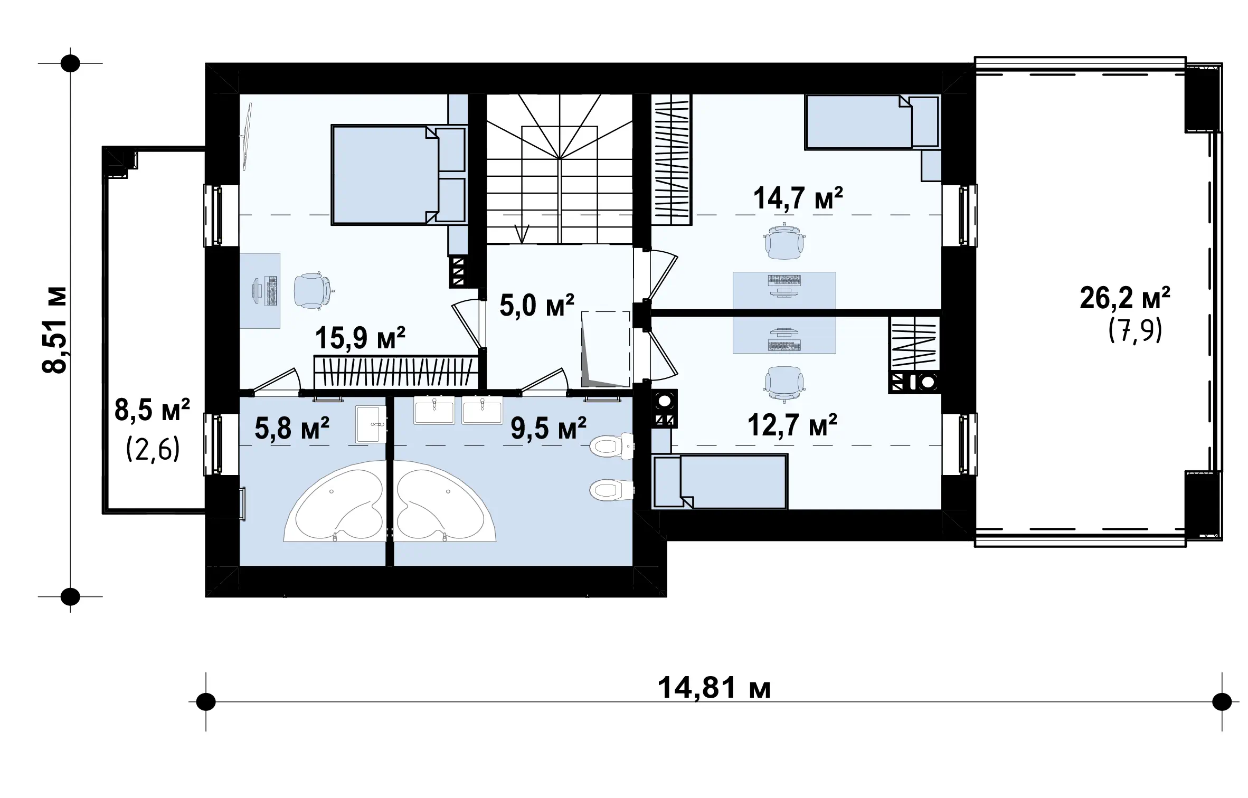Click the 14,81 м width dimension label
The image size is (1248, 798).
714,688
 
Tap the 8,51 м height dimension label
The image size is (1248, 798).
55,330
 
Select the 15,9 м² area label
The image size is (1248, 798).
360,338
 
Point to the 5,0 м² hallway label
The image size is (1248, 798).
536,306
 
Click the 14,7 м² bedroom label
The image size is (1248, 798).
798,198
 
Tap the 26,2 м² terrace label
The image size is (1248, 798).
1125,298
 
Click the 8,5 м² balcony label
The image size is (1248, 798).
152,410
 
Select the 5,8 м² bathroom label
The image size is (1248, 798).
292,427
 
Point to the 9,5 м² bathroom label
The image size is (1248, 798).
549,429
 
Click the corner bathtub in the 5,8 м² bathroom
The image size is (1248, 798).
335,501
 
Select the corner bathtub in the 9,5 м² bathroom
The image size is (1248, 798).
446,501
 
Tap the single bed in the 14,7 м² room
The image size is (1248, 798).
872,122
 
